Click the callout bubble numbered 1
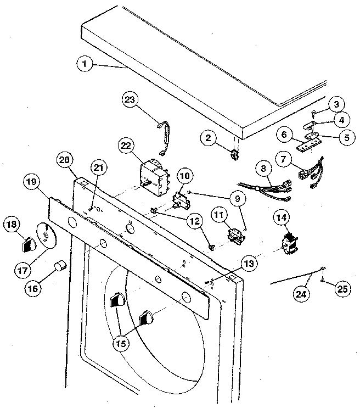85,64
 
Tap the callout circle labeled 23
130,100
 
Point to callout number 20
65,160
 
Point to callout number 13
249,264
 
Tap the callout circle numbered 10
184,176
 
